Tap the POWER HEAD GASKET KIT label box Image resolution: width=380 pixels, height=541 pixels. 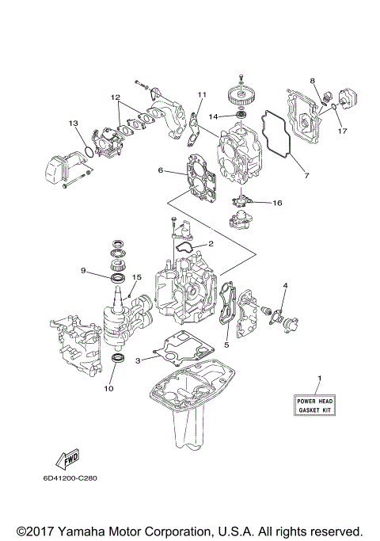(x=315, y=406)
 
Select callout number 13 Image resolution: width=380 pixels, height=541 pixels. (x=72, y=123)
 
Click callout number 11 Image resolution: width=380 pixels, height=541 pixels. (x=201, y=94)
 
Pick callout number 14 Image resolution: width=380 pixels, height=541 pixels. (x=213, y=117)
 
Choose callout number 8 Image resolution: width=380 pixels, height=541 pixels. (x=313, y=82)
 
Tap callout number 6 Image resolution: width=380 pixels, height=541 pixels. (x=160, y=170)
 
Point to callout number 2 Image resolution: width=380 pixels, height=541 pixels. (x=211, y=243)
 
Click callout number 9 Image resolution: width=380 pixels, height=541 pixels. (x=82, y=270)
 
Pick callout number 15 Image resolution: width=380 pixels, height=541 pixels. (x=136, y=277)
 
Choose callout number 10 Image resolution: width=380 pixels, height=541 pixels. (x=109, y=389)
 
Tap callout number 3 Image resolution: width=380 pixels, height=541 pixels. (x=139, y=360)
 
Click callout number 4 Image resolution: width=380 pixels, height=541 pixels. (x=285, y=285)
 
